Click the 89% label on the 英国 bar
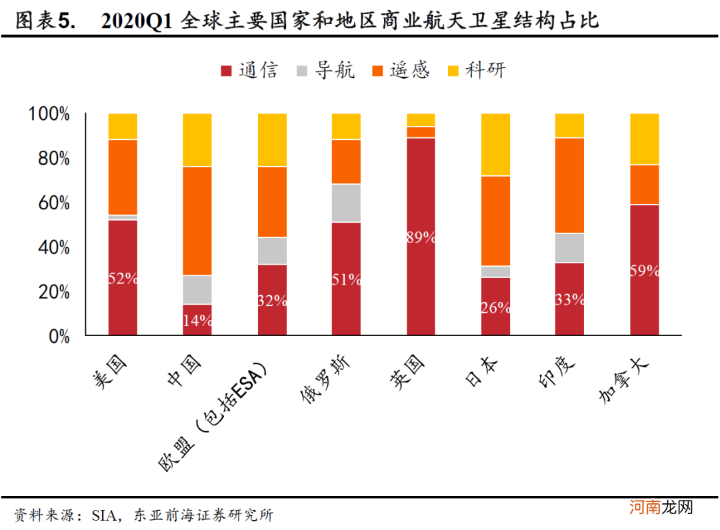[x=421, y=237]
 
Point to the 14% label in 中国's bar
[x=197, y=320]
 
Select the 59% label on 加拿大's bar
[x=644, y=271]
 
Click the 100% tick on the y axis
[x=49, y=114]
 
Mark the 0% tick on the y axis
[x=59, y=337]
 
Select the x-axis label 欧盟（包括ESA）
[x=213, y=417]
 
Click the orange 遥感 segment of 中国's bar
[x=197, y=220]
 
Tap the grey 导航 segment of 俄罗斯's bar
[x=346, y=203]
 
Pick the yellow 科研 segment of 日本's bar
[x=495, y=144]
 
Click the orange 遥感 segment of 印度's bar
[x=569, y=185]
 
